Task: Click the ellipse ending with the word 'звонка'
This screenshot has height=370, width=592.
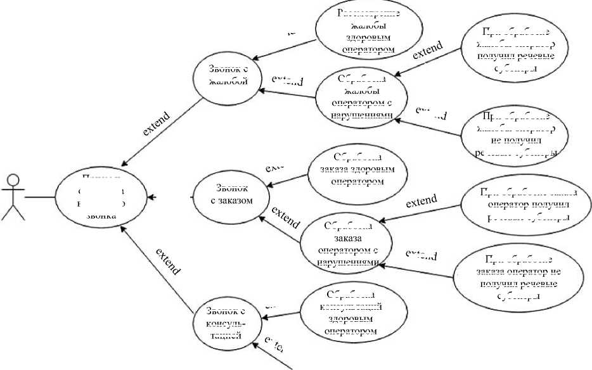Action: click(x=101, y=198)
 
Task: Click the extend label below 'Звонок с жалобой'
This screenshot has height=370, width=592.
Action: click(x=156, y=124)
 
